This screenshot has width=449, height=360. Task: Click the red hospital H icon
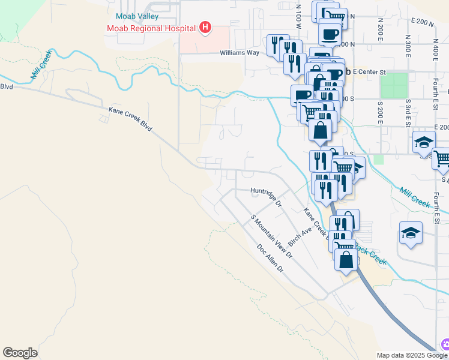click(x=205, y=27)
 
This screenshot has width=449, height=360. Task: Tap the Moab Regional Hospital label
click(x=152, y=28)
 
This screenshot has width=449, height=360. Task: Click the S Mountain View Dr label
click(x=271, y=237)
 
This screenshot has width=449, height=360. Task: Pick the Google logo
click(x=20, y=353)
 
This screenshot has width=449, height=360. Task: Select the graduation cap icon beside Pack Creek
click(x=411, y=233)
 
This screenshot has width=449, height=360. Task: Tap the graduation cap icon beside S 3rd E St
click(x=423, y=143)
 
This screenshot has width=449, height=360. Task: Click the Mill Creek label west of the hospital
click(x=41, y=64)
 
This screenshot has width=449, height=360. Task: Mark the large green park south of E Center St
click(x=394, y=86)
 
